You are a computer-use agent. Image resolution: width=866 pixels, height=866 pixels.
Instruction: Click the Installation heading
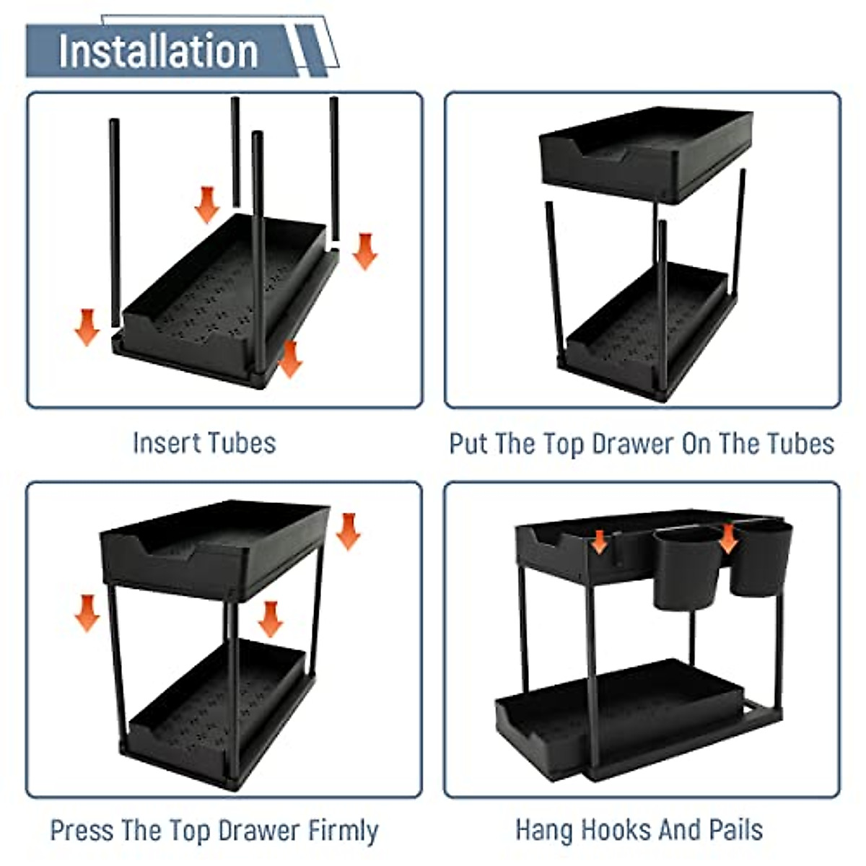(158, 51)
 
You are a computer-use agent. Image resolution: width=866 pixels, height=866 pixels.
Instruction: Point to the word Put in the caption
(468, 444)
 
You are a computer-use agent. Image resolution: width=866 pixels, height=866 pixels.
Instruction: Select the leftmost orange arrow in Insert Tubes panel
(87, 327)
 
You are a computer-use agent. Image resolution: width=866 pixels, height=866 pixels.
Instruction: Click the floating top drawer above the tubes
(646, 152)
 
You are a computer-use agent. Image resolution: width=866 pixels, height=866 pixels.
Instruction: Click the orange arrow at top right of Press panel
(348, 531)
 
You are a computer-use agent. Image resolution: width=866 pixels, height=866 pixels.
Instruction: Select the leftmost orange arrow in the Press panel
(87, 613)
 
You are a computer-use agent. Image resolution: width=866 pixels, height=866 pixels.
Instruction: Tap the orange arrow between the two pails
(728, 538)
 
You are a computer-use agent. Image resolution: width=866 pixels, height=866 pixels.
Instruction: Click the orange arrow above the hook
(599, 541)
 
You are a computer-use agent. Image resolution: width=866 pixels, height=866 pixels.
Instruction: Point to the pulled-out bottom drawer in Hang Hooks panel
(613, 714)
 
